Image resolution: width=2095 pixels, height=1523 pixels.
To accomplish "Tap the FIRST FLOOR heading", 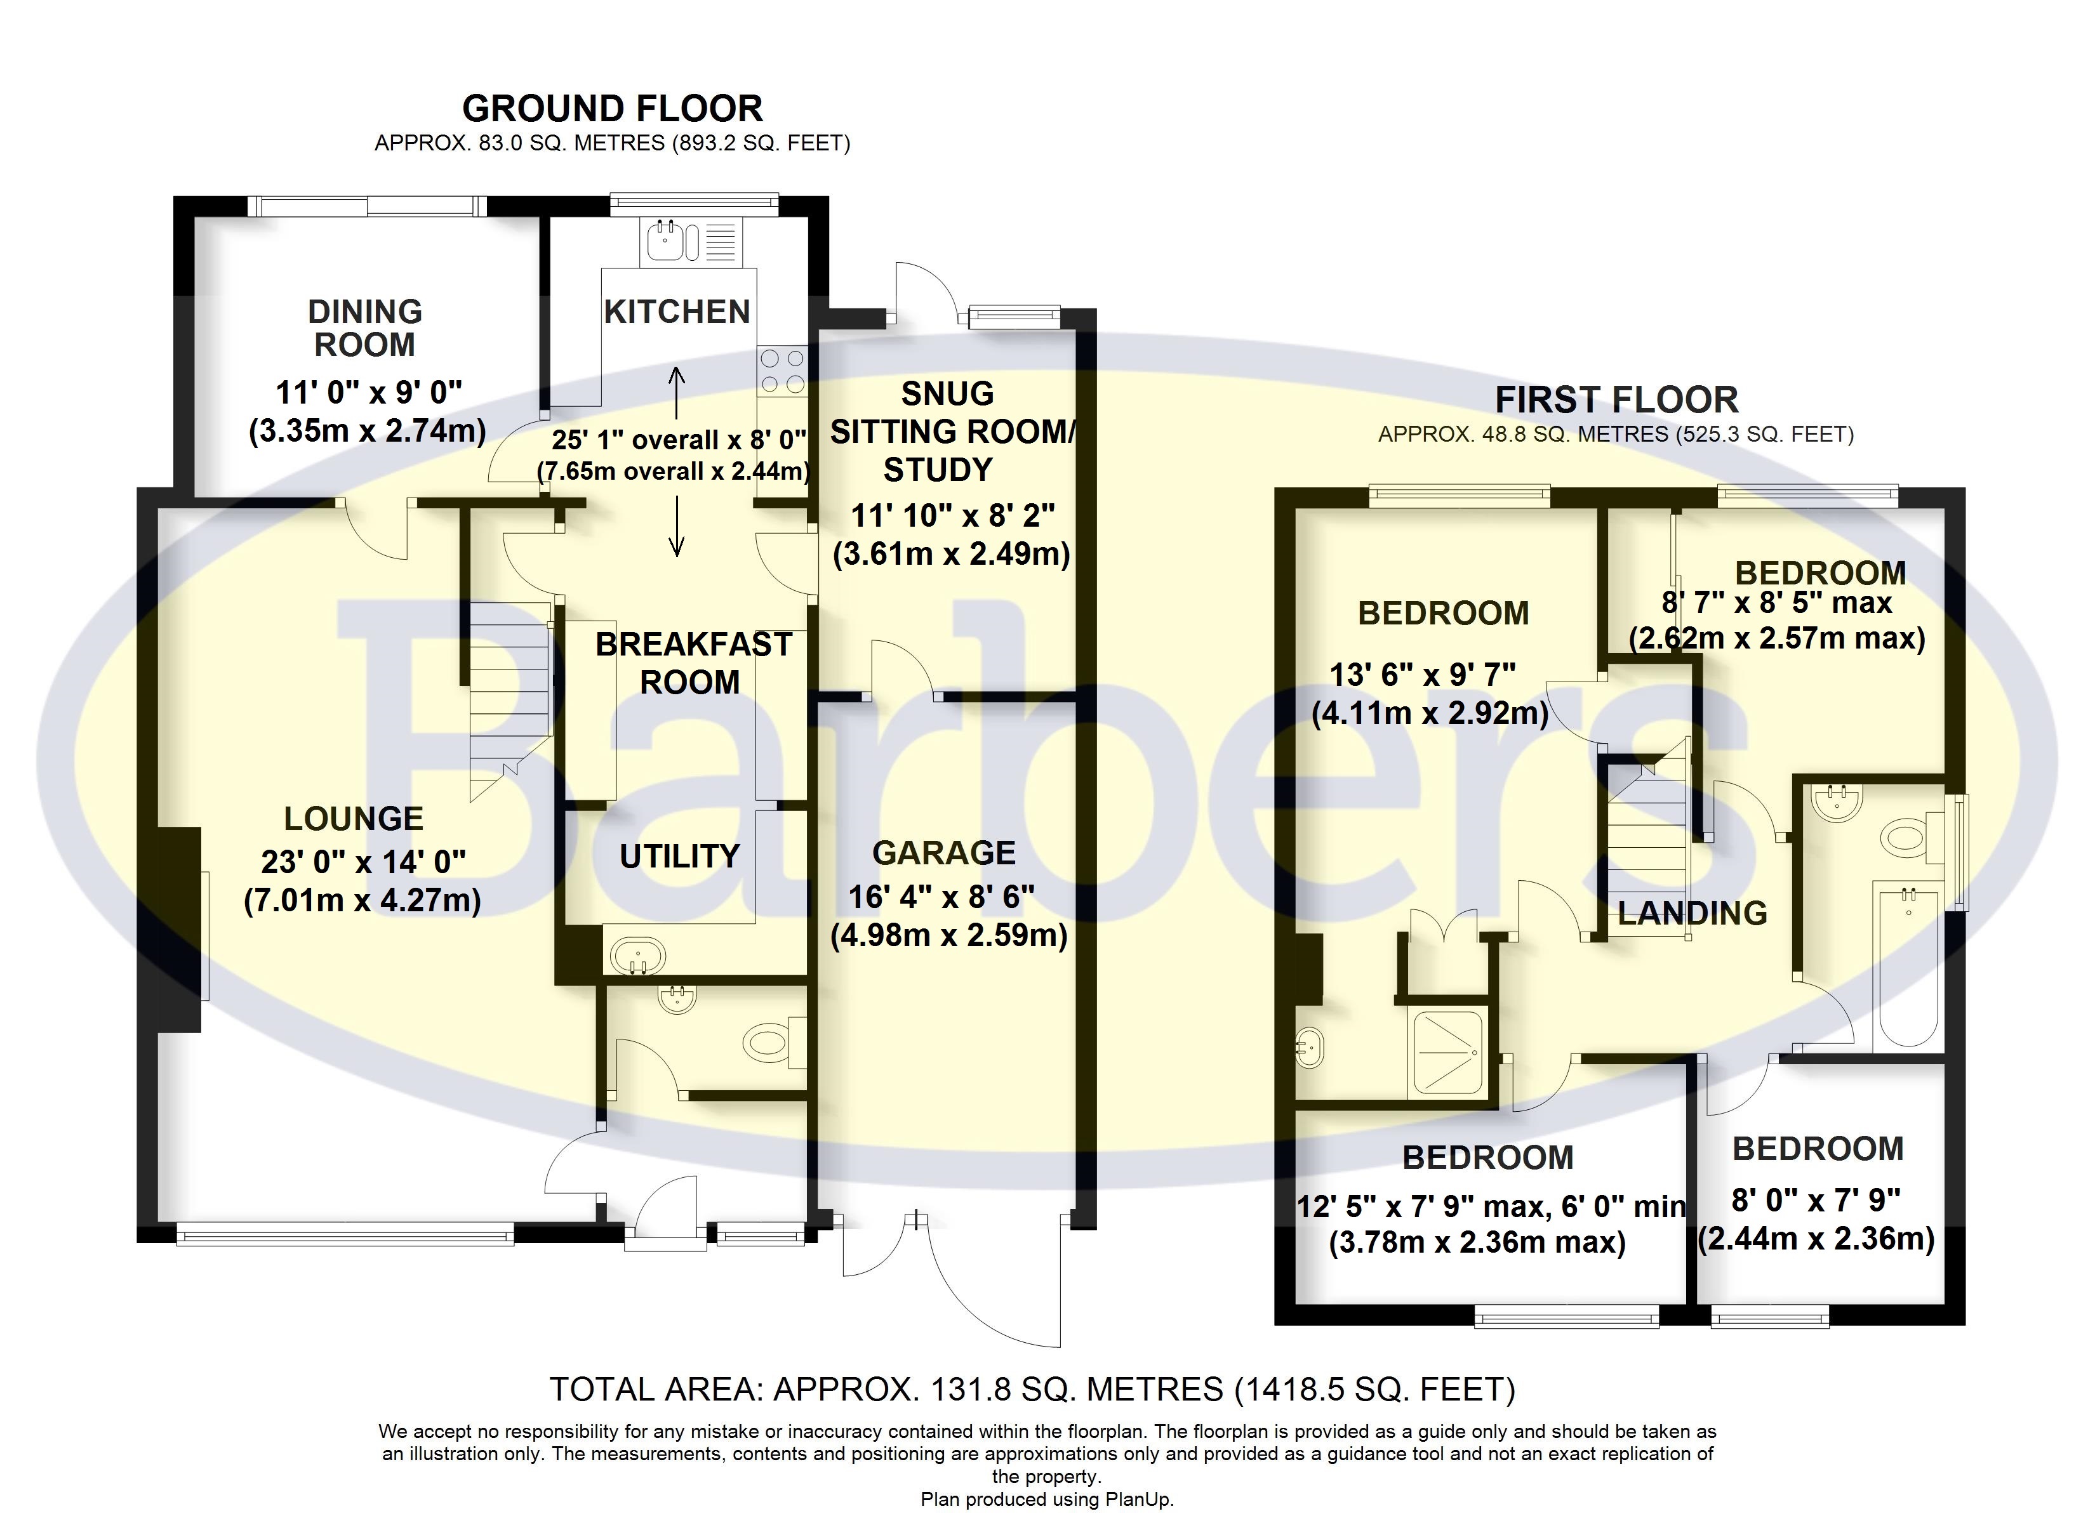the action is (x=1616, y=400).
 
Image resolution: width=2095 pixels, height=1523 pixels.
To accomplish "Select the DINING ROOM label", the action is (x=365, y=328).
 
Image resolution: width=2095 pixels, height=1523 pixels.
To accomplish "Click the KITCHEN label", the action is (x=677, y=312).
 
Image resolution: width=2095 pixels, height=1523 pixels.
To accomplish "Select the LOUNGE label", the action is (x=354, y=819).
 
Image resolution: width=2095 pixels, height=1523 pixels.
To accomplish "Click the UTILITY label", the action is (x=679, y=856).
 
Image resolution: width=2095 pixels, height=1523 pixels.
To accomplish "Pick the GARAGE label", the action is (x=944, y=852).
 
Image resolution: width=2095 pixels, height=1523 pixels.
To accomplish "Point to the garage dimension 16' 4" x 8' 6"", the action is (x=941, y=896).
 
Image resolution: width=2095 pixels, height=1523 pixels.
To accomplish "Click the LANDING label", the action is (x=1693, y=913).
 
